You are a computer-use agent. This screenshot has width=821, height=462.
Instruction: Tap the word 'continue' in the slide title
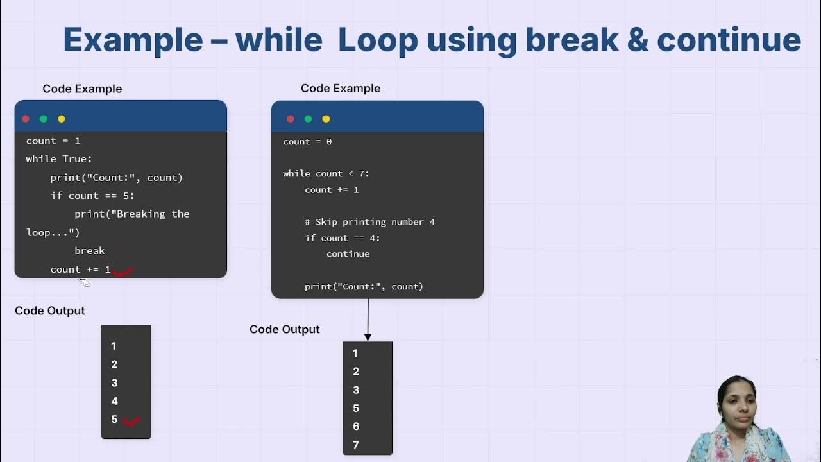(x=729, y=40)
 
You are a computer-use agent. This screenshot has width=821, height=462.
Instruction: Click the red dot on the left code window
(x=26, y=119)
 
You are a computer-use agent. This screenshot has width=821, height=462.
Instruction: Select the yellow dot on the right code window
(x=326, y=119)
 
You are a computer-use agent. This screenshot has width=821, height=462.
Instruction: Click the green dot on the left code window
(x=44, y=119)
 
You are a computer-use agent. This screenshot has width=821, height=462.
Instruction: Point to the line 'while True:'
(x=59, y=159)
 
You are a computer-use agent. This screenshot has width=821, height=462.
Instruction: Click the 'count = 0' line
(x=307, y=142)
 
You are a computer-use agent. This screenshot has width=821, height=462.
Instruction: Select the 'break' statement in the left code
(x=89, y=251)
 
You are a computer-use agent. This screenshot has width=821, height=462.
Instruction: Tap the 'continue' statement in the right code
(x=348, y=254)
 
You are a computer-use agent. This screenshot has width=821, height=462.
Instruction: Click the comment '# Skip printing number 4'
(x=369, y=222)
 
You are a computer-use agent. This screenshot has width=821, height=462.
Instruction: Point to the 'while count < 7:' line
(x=326, y=174)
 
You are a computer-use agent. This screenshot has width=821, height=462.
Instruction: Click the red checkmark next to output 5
(x=131, y=421)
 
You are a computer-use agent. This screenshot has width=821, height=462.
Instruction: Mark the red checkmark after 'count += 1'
(x=123, y=271)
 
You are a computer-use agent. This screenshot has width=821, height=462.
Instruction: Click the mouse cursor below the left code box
(x=85, y=282)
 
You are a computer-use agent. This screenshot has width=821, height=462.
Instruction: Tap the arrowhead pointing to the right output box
(x=368, y=337)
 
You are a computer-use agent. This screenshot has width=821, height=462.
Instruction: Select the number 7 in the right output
(x=355, y=445)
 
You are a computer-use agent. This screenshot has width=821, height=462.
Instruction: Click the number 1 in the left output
(x=114, y=346)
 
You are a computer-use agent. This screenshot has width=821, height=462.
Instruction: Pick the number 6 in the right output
(x=355, y=426)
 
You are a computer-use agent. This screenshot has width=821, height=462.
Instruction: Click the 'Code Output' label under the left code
(x=50, y=311)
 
